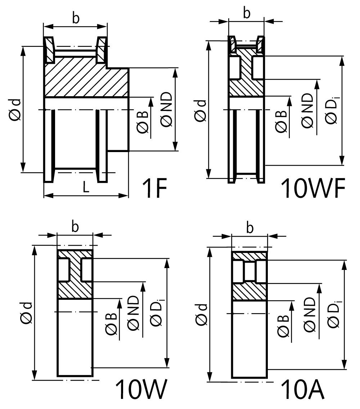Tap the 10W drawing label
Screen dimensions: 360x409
coord(141,389)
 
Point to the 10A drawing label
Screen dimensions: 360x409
coord(303,389)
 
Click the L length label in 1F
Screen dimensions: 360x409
coord(86,187)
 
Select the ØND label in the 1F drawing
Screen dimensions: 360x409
coord(167,110)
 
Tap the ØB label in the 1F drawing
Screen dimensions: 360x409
coord(143,122)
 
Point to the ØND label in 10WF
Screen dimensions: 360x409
coord(307,111)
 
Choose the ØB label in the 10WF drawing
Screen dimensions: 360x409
coord(281,121)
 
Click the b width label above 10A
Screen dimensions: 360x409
coord(249,228)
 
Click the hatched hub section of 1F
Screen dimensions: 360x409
coord(86,78)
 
